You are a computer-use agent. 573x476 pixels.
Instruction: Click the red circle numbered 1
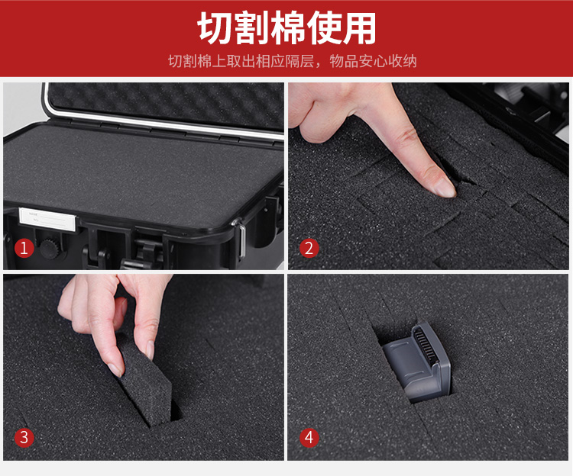24,248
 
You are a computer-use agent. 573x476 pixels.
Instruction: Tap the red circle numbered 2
309,248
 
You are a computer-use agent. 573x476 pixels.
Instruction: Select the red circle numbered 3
24,437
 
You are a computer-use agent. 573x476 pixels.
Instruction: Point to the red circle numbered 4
309,437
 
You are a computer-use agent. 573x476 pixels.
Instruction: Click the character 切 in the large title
215,28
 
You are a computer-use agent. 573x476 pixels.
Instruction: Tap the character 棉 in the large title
288,28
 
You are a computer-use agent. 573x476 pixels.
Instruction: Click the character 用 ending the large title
359,28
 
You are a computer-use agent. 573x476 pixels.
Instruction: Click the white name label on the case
47,219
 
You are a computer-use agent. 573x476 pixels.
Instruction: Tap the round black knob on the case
50,248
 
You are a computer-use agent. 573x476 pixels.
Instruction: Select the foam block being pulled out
145,381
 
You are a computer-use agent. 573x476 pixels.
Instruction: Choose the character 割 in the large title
252,28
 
